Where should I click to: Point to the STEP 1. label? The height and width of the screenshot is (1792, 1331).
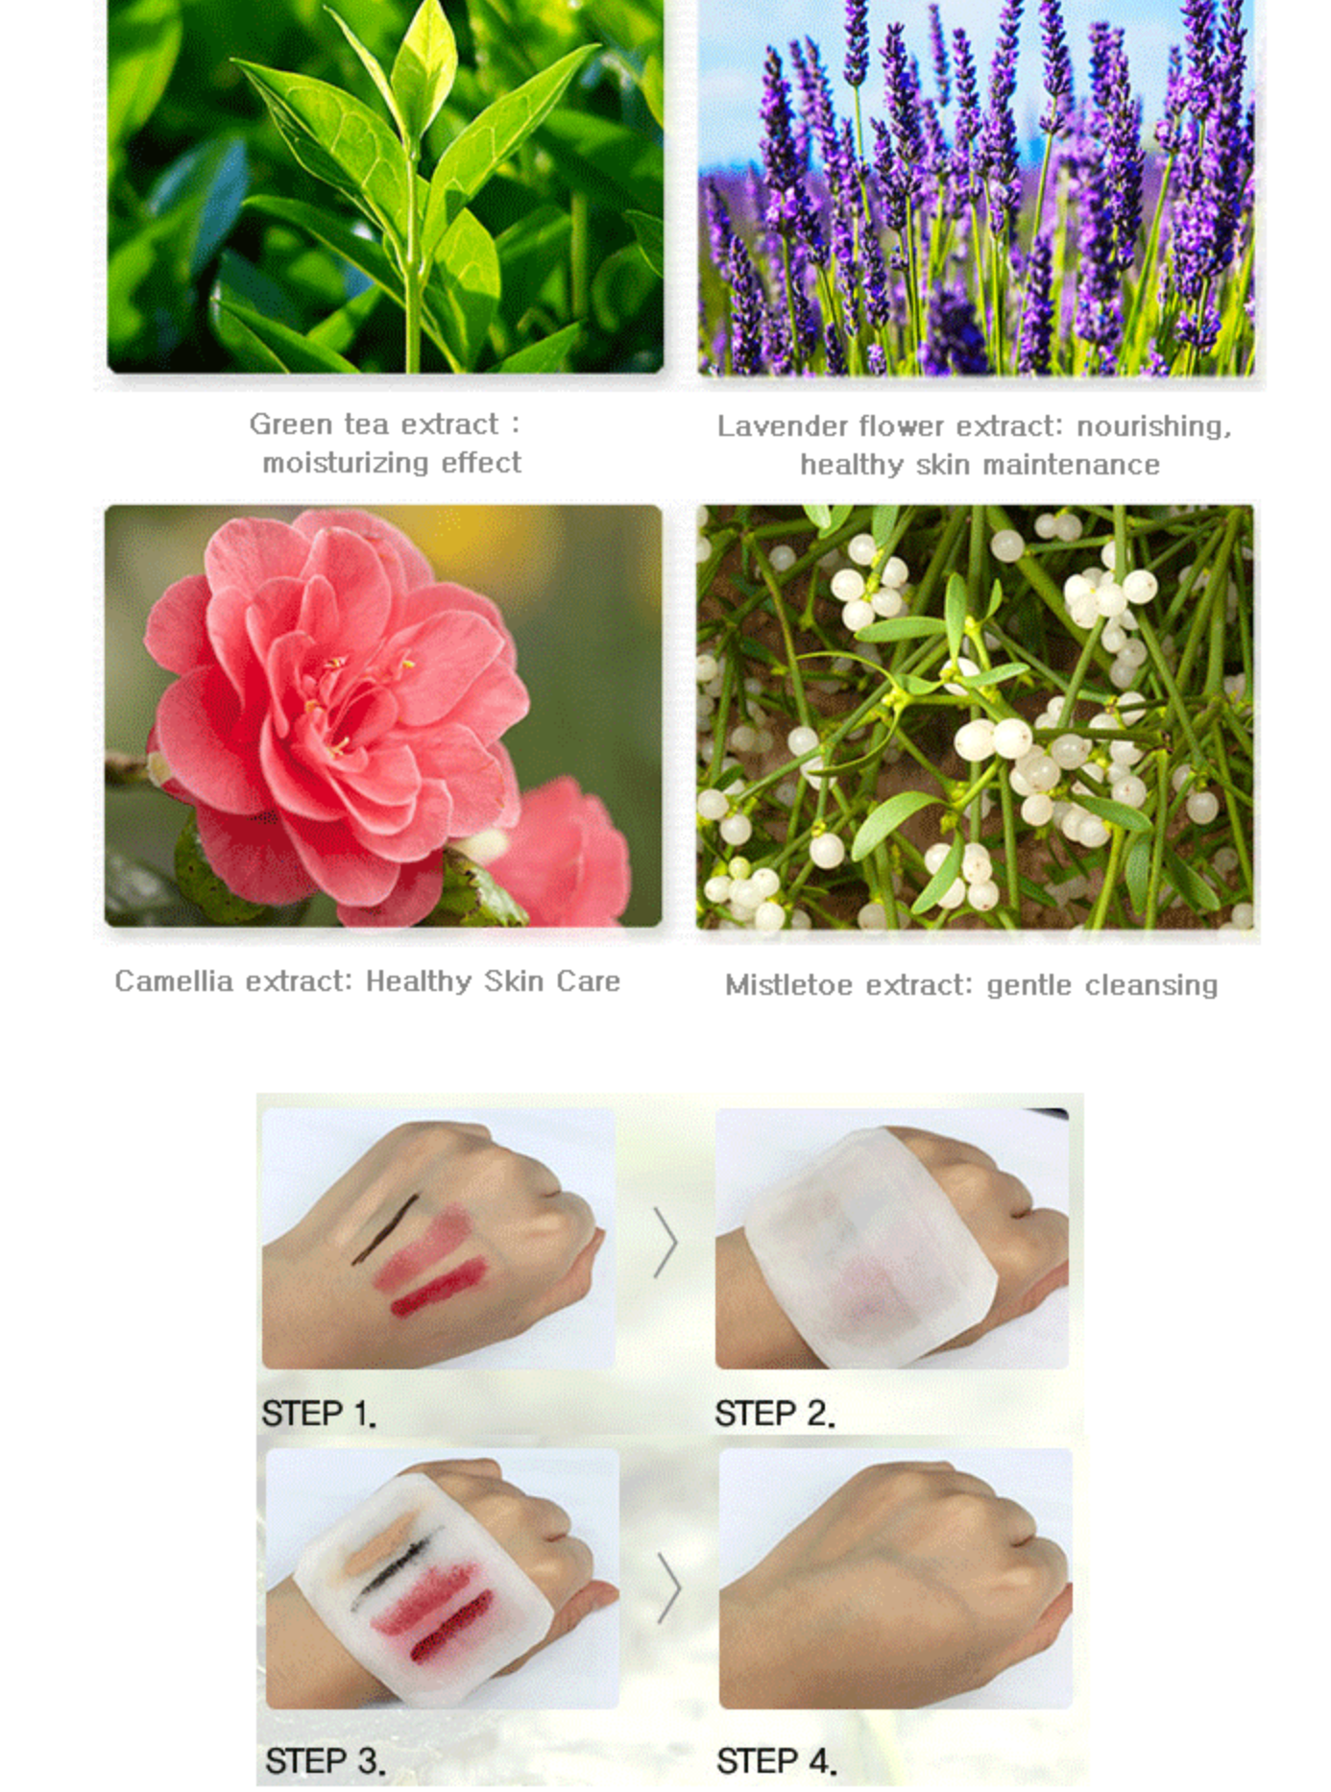click(318, 1414)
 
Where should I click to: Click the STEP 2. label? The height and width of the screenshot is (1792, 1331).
click(774, 1414)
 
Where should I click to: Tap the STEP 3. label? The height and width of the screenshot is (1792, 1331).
click(325, 1760)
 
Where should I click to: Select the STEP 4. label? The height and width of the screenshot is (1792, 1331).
click(776, 1760)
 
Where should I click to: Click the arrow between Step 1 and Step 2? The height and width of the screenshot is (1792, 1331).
click(665, 1243)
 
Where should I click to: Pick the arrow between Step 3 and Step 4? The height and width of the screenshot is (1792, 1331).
click(669, 1587)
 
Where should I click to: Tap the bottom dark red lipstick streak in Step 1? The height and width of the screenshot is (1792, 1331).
click(440, 1287)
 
